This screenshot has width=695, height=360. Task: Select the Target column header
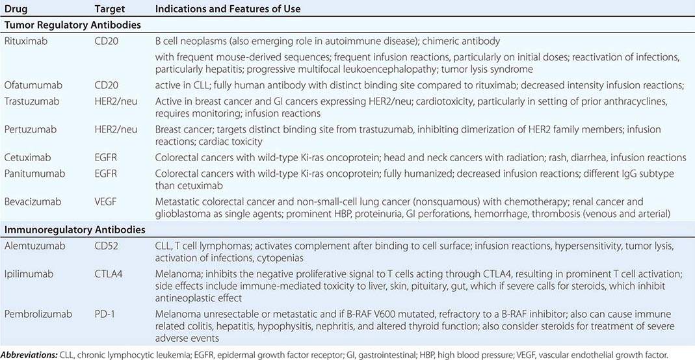(x=109, y=9)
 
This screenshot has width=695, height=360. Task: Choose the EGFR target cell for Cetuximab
(x=106, y=158)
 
